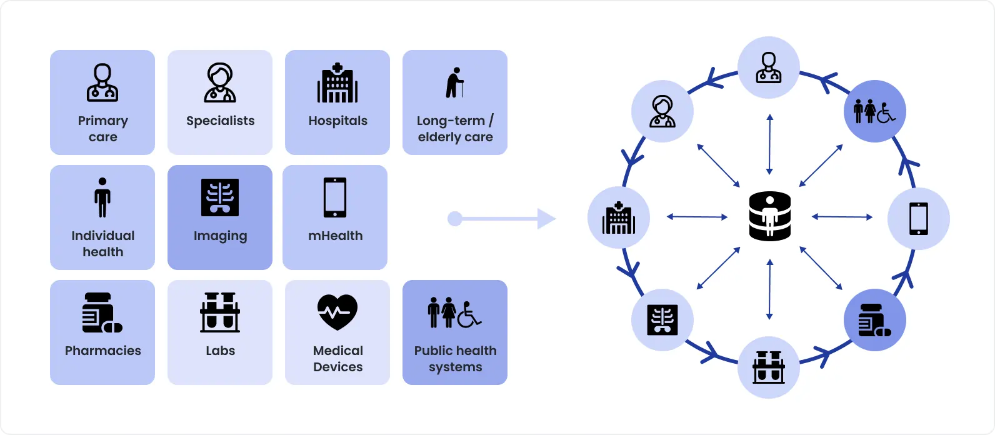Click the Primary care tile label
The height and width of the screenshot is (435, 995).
coord(102,129)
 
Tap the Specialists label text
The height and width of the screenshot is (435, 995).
coord(220,121)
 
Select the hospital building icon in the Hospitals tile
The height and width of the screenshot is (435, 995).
coord(337,83)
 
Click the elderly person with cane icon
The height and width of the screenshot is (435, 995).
coord(455,82)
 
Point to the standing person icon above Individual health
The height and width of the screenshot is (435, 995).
coord(102,197)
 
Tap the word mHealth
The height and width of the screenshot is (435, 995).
coord(335,236)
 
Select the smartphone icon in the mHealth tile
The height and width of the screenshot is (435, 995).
coord(335,197)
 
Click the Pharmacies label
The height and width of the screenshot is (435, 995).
coord(102,351)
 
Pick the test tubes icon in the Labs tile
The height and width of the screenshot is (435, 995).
coord(220,312)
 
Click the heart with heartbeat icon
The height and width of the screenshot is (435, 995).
coord(337,312)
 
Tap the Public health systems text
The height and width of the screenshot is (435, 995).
coord(455,359)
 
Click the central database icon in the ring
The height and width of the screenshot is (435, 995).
coord(769,217)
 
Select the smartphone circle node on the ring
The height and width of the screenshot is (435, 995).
coord(918,219)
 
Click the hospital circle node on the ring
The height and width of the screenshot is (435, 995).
coord(619,217)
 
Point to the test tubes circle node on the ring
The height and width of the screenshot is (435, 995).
coord(769,367)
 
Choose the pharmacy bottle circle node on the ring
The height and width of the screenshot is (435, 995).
coord(874,320)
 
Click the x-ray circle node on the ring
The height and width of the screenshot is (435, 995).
coord(662,320)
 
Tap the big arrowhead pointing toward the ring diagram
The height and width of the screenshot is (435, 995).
coord(546,219)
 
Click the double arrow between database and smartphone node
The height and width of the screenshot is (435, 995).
coord(842,217)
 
